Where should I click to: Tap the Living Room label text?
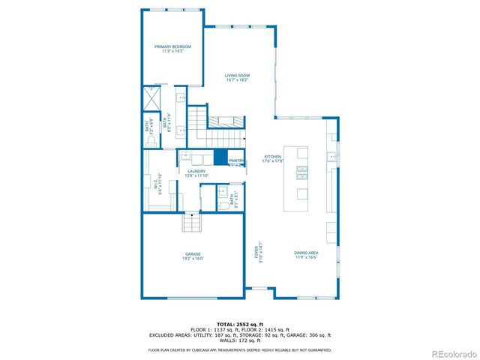[238, 75]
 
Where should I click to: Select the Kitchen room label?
[271, 157]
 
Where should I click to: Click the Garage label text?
[193, 254]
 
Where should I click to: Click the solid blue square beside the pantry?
[220, 157]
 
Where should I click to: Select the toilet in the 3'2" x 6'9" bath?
[151, 140]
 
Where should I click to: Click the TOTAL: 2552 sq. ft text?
[240, 324]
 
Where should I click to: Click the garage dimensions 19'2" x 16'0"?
[193, 259]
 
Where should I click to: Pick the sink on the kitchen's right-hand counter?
[330, 157]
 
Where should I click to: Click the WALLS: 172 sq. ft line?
[240, 340]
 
